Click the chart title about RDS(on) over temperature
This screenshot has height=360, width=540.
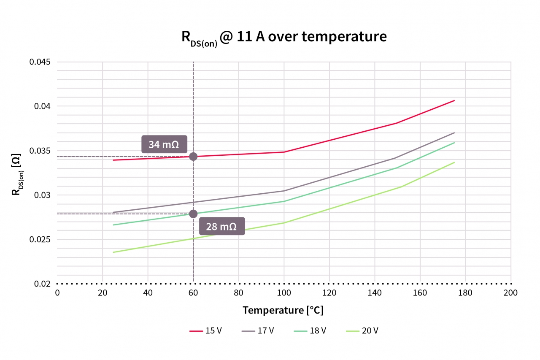tap(284, 37)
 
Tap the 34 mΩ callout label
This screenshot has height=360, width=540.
tap(164, 144)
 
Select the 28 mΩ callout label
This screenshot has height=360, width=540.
tap(221, 226)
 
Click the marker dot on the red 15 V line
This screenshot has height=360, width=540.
tap(193, 157)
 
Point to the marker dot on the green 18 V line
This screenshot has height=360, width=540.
tap(193, 214)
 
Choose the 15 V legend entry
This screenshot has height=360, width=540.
tap(205, 331)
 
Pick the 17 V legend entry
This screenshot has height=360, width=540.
tap(258, 331)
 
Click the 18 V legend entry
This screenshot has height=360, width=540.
tap(310, 331)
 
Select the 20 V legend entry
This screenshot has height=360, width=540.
tap(362, 331)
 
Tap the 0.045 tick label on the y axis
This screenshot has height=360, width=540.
tap(40, 62)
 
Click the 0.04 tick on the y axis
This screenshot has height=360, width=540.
tap(42, 106)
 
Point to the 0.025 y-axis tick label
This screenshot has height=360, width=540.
tap(40, 240)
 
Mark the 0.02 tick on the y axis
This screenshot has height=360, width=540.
tap(42, 284)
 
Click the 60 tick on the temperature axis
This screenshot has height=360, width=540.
tap(193, 292)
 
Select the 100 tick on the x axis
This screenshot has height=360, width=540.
tap(284, 292)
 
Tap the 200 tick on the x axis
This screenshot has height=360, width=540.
tap(511, 292)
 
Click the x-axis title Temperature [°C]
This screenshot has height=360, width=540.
tap(283, 310)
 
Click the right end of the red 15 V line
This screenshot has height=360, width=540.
tap(454, 100)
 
